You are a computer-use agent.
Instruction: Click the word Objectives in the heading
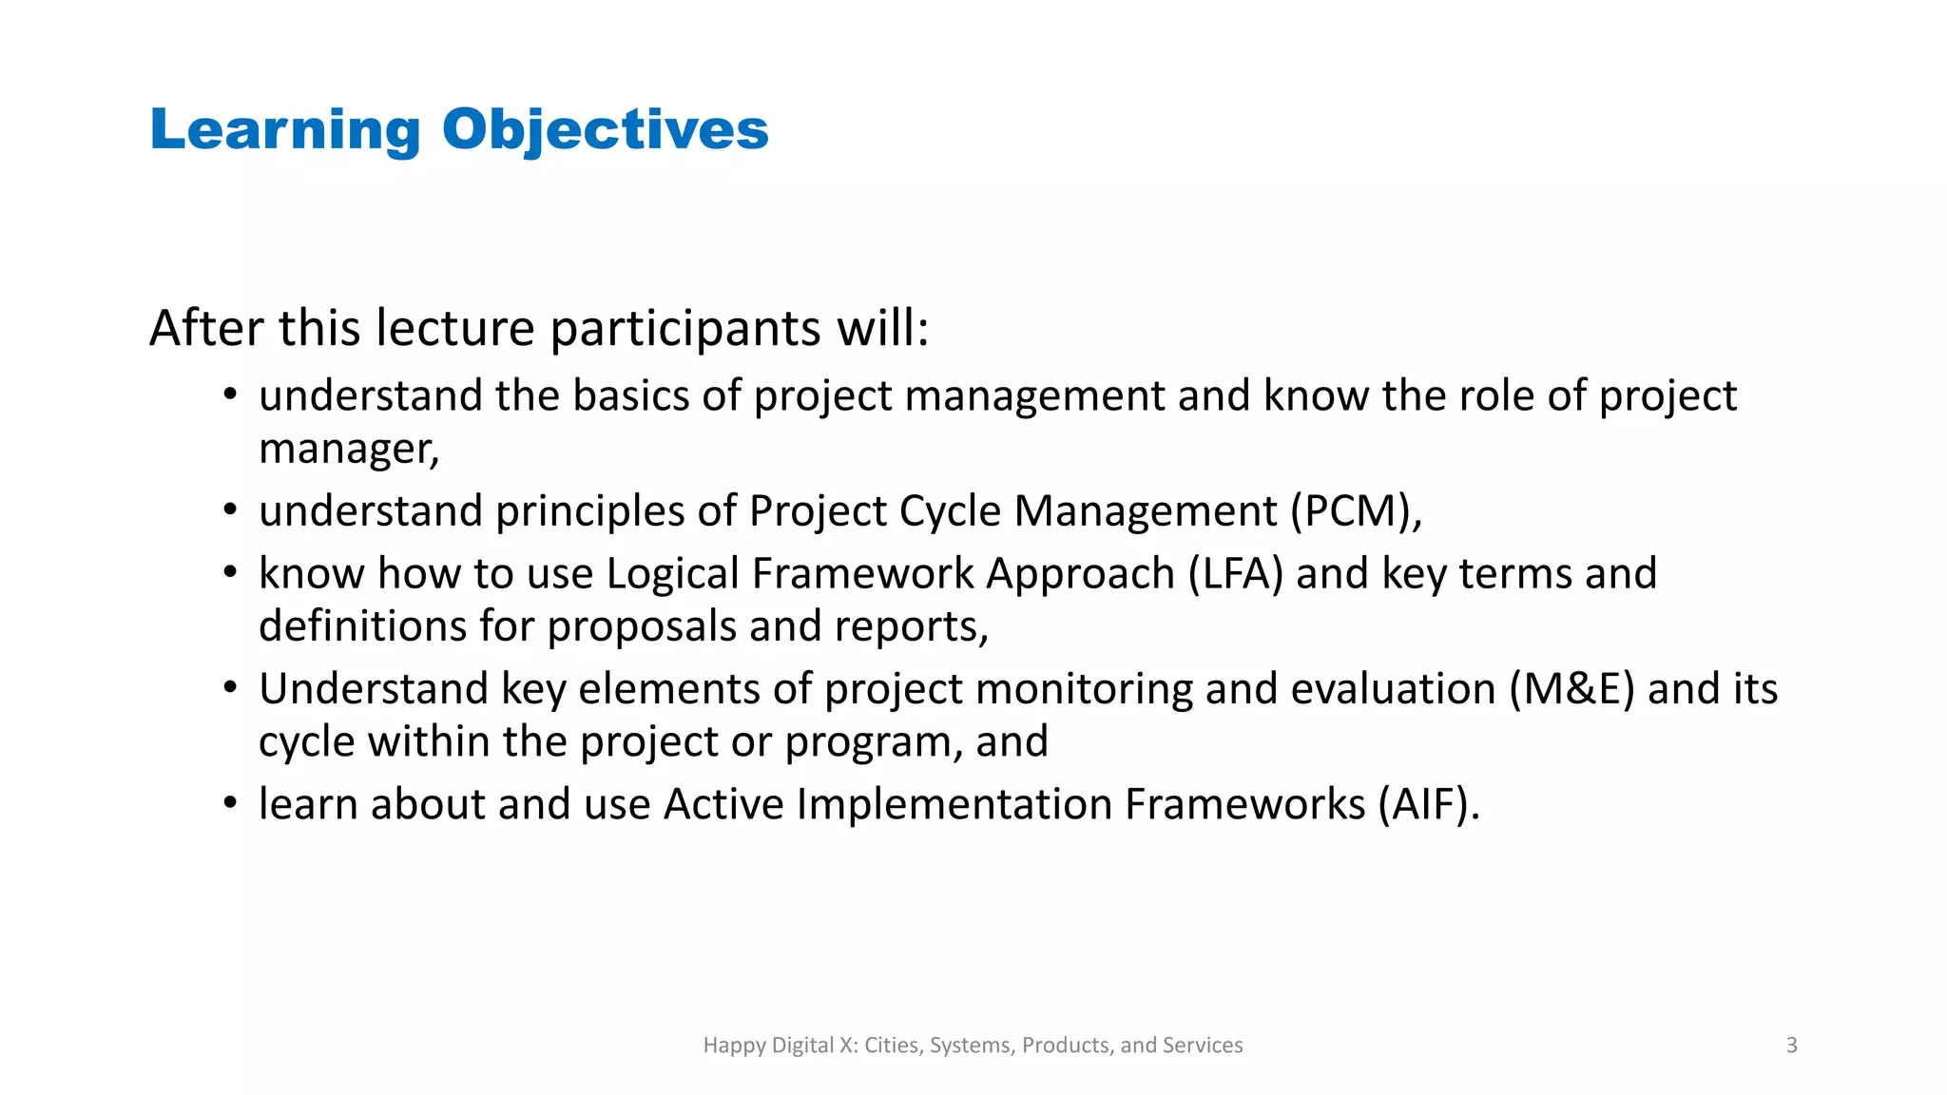605,130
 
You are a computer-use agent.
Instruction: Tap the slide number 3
1791,1045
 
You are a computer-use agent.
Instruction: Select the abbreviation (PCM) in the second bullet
1355,511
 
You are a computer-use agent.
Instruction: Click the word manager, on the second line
349,449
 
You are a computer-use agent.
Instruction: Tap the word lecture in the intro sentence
455,328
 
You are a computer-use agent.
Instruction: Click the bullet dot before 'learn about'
230,804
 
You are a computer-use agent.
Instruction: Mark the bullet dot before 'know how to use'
230,573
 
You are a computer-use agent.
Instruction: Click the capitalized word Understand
373,689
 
